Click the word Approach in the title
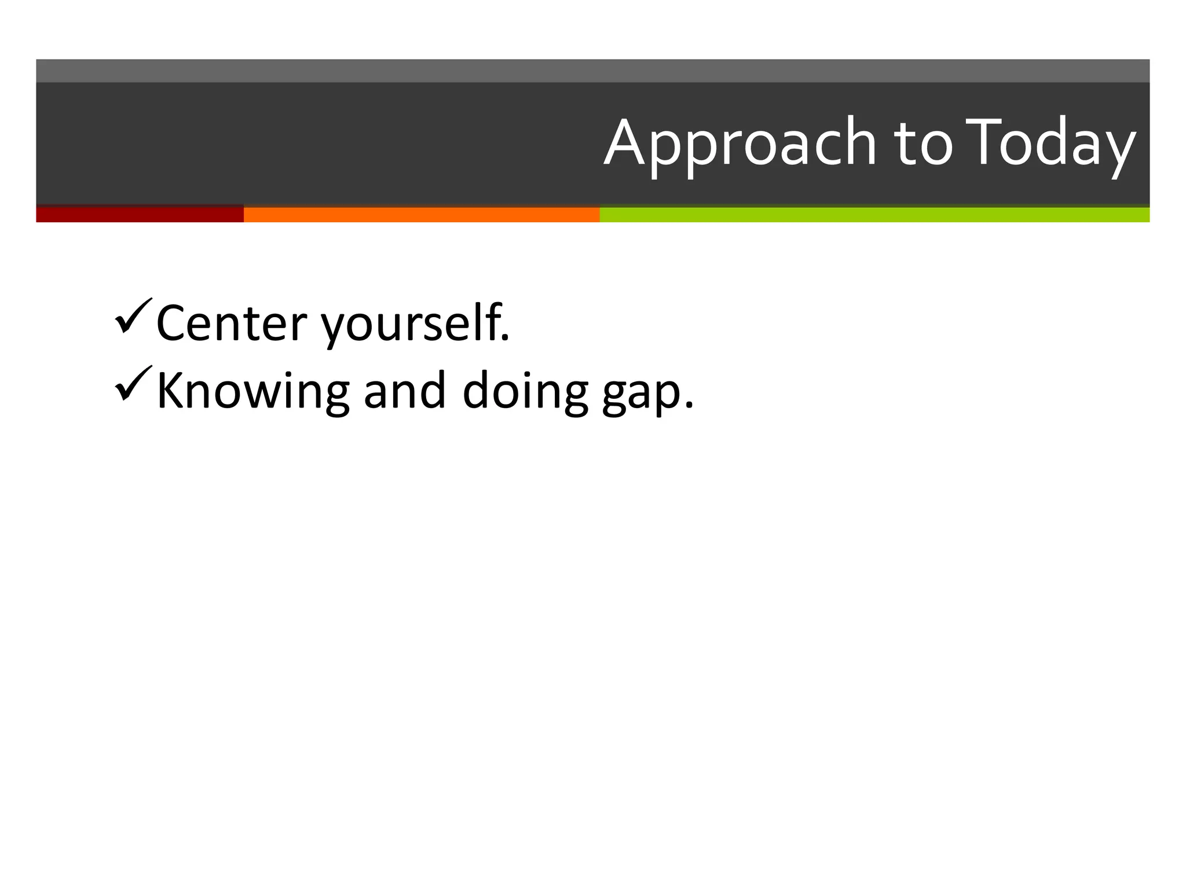click(740, 143)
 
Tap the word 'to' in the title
click(923, 143)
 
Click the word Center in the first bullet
click(232, 324)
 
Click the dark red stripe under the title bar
click(140, 215)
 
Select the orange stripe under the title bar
click(422, 215)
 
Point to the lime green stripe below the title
click(874, 215)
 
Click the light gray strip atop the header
click(593, 71)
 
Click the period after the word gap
click(689, 405)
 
